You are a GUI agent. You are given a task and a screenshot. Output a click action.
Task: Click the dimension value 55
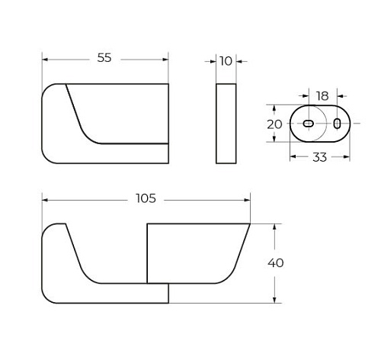tap(104, 58)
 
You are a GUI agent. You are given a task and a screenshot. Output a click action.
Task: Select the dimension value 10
tap(226, 61)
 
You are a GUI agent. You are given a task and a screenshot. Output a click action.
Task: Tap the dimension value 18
tap(322, 96)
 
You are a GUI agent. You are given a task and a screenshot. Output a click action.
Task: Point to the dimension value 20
tap(274, 124)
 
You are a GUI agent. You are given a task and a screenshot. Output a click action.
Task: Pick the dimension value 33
tap(319, 157)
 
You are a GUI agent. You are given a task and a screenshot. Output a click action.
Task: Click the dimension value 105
tap(146, 198)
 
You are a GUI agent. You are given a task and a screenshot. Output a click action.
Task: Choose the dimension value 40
tap(276, 262)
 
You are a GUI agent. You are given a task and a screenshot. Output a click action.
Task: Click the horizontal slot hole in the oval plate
tap(309, 124)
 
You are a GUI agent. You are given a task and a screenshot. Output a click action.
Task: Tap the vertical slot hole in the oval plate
tap(337, 124)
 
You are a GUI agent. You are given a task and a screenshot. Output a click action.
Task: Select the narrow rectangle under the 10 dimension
tap(226, 124)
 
